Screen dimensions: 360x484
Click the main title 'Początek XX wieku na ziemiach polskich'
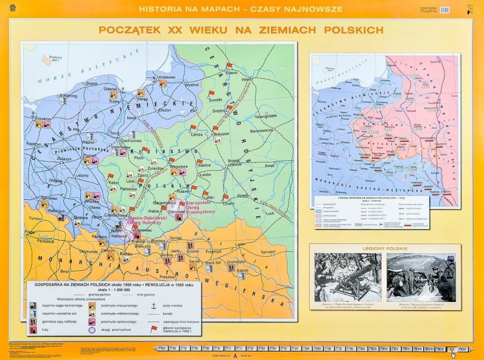[x=241, y=30]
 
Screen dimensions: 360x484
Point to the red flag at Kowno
[x=229, y=65]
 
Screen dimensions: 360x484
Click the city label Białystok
[x=221, y=134]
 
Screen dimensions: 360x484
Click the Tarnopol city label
[x=267, y=252]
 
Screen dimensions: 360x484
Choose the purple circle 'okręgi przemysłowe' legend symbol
[x=92, y=330]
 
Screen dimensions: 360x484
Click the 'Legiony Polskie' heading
[x=385, y=248]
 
